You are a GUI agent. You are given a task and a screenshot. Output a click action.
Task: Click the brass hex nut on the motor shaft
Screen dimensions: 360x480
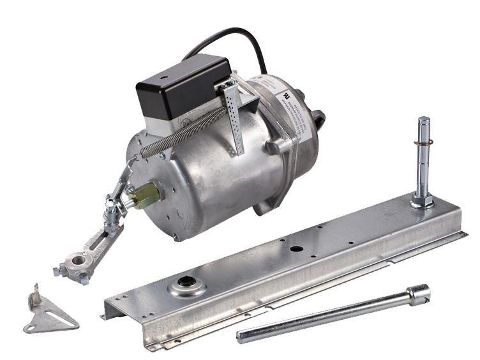pos(146,195)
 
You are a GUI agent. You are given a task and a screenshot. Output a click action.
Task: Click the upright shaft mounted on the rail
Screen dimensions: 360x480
pos(424,160)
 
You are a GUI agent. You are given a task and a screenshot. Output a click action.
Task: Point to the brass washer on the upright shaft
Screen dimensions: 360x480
pos(424,143)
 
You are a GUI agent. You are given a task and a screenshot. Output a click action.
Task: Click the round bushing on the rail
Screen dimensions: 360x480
pos(186,288)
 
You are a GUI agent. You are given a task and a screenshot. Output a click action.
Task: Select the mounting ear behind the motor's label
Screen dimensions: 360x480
pos(317,117)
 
